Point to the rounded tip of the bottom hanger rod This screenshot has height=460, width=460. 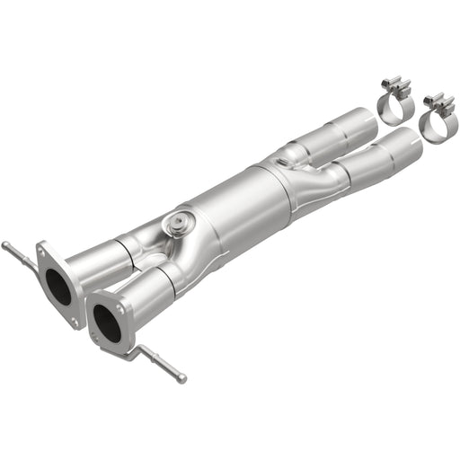[x=181, y=377]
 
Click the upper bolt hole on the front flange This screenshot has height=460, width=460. [x=93, y=296]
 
